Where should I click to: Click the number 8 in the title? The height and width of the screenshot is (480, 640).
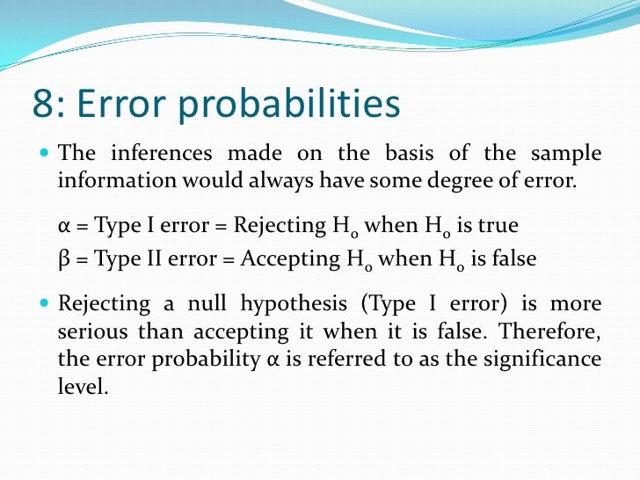tap(42, 104)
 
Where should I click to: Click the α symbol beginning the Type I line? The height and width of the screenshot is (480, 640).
tap(63, 226)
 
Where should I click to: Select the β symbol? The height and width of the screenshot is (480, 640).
tap(62, 259)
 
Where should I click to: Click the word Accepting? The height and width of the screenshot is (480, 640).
tap(282, 259)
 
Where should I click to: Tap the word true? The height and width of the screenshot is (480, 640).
tap(498, 226)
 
